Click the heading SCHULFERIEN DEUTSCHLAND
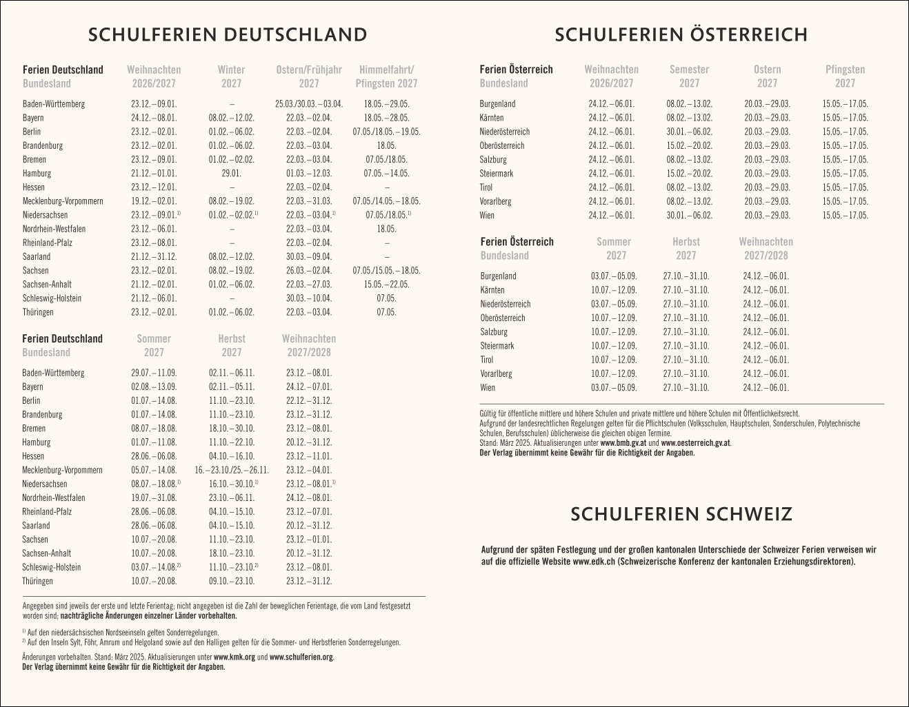(228, 35)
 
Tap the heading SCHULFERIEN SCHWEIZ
(681, 514)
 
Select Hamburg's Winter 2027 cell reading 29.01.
(232, 174)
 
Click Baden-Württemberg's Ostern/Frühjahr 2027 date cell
(309, 104)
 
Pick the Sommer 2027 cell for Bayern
(154, 387)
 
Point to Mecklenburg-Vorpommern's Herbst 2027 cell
(232, 470)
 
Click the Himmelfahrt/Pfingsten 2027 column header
(386, 76)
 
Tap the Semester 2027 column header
(689, 76)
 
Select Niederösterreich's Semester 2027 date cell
(689, 132)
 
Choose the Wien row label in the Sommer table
(488, 388)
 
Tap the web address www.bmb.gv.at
(623, 444)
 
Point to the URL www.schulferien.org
(301, 657)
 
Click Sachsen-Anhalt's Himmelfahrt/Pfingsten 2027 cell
(386, 285)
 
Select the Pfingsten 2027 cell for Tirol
(845, 187)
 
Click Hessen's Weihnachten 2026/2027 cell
(154, 187)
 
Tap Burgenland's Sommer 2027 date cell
(614, 276)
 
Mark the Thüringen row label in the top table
(38, 312)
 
